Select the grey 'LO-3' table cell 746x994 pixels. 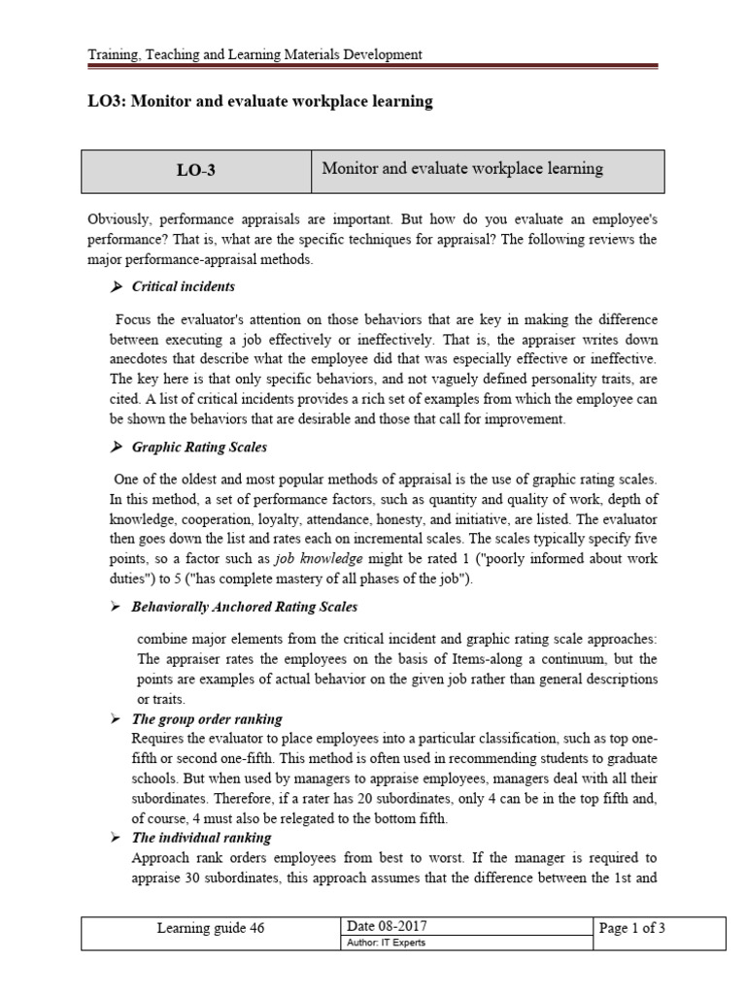click(x=195, y=171)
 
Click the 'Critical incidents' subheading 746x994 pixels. click(x=183, y=287)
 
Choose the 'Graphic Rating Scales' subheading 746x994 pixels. click(x=199, y=447)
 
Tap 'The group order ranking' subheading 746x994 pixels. click(x=206, y=719)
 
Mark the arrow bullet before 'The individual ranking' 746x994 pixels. click(x=116, y=838)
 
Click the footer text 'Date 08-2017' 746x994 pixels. click(x=388, y=928)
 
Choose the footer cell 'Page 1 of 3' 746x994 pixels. click(x=632, y=928)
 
